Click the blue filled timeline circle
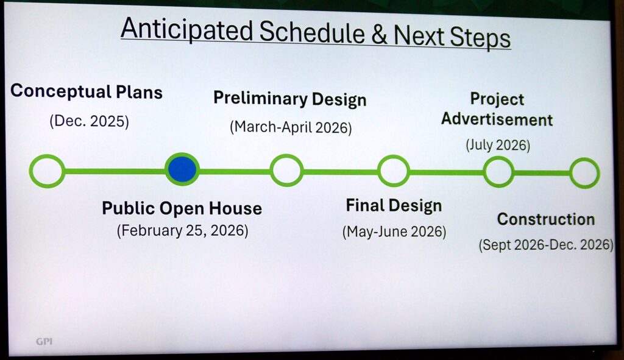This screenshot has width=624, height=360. click(182, 169)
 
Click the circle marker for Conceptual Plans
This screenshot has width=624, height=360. click(47, 171)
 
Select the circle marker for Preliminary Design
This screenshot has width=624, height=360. click(286, 170)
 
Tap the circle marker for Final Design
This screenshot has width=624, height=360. click(393, 171)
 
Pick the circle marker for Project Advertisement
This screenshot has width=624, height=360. click(498, 172)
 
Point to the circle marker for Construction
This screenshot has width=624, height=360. click(584, 173)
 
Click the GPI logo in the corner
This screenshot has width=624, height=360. click(44, 341)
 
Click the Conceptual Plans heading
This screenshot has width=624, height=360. click(87, 92)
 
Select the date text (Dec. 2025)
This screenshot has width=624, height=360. click(90, 121)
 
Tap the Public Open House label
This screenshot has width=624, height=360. click(182, 208)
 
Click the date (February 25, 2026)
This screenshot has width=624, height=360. click(182, 231)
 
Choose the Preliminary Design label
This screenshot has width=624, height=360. click(289, 99)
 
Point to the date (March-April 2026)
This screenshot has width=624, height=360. click(291, 127)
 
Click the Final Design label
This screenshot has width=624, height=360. click(394, 206)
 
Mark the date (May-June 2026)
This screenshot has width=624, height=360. click(394, 232)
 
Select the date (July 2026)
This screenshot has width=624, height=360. click(498, 146)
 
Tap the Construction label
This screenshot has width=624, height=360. click(545, 219)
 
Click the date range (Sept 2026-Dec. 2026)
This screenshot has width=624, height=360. click(545, 245)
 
